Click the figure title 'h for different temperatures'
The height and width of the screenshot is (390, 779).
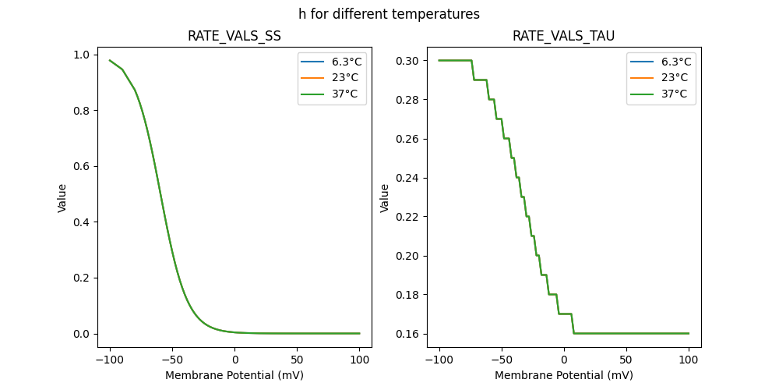[389, 14]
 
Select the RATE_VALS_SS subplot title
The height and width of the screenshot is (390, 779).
[234, 36]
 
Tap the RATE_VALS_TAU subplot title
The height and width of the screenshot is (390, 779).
[563, 36]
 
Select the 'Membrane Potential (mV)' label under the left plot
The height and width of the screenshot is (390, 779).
[234, 375]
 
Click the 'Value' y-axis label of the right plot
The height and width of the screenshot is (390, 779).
[385, 198]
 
